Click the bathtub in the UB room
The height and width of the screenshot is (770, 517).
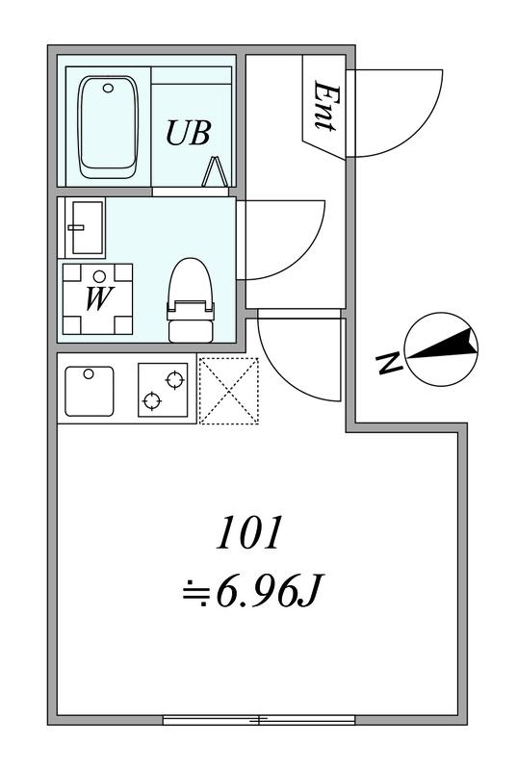[108, 127]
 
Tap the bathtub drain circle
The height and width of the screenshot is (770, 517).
[108, 89]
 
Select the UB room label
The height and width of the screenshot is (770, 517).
[189, 133]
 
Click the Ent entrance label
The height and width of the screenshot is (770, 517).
[326, 106]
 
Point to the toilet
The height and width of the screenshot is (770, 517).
[191, 300]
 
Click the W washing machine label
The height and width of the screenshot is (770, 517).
[99, 298]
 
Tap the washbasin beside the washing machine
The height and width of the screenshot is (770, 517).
[89, 227]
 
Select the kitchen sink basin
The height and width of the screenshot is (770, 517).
[90, 392]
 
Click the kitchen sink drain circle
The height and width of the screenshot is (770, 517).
[89, 374]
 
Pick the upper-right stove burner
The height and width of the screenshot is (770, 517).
[175, 380]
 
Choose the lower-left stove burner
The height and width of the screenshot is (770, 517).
[152, 401]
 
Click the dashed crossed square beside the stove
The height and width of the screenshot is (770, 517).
[229, 391]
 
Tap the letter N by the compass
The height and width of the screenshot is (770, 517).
[389, 363]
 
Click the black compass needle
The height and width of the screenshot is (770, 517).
[444, 346]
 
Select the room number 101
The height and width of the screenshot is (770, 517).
[250, 533]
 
